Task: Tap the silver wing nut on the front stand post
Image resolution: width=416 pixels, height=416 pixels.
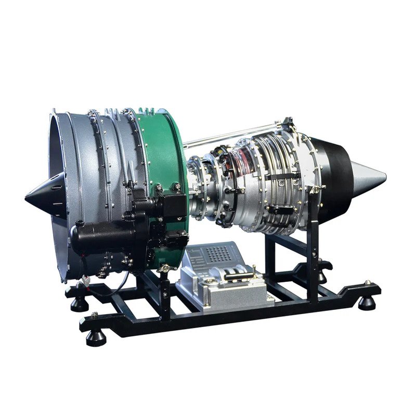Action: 165,268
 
